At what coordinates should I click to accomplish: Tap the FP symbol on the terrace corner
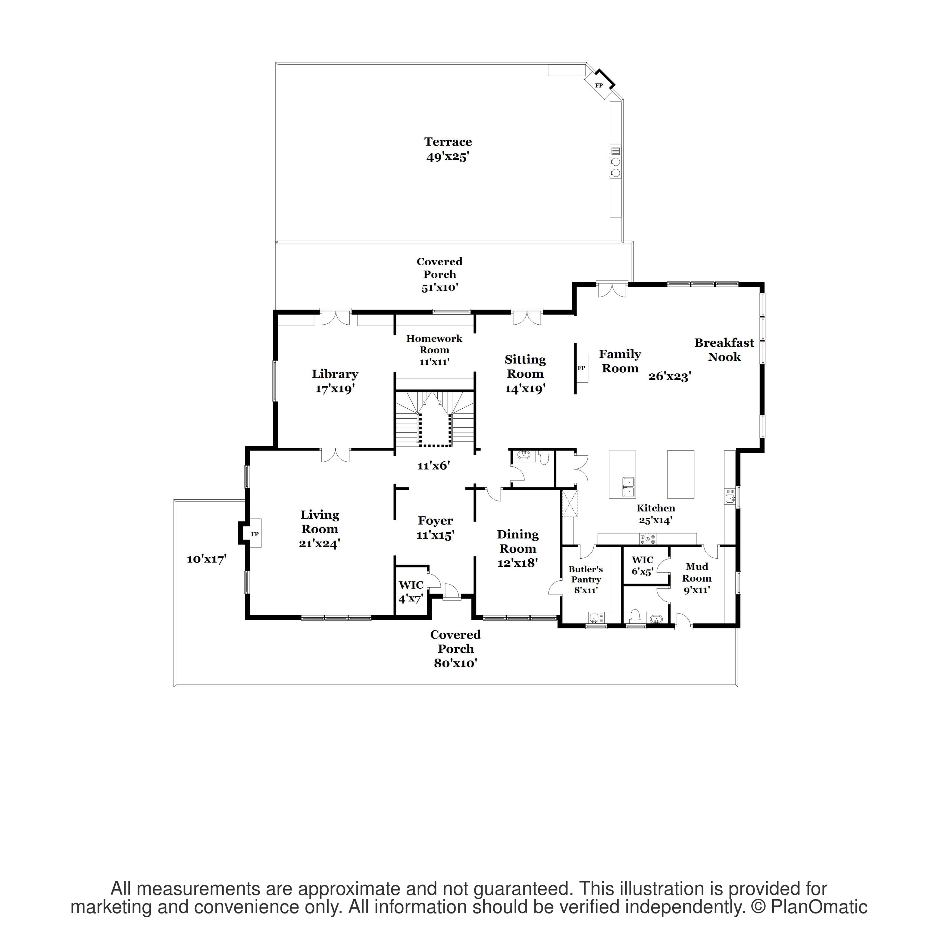[599, 85]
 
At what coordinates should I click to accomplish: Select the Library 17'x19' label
[335, 381]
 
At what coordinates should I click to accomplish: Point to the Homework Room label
[434, 349]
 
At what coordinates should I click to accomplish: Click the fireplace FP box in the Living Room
[255, 533]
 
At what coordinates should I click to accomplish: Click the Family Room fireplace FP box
[581, 368]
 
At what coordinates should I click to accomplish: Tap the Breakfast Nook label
[724, 349]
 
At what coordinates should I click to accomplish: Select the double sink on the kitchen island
[628, 487]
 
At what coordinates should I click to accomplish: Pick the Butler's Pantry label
[586, 579]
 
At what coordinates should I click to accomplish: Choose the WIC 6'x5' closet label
[642, 565]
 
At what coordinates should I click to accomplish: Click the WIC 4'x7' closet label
[411, 591]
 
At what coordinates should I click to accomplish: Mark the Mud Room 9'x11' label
[697, 578]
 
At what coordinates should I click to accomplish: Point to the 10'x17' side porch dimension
[206, 559]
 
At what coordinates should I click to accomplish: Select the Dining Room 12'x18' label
[517, 548]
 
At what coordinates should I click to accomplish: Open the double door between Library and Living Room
[335, 455]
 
